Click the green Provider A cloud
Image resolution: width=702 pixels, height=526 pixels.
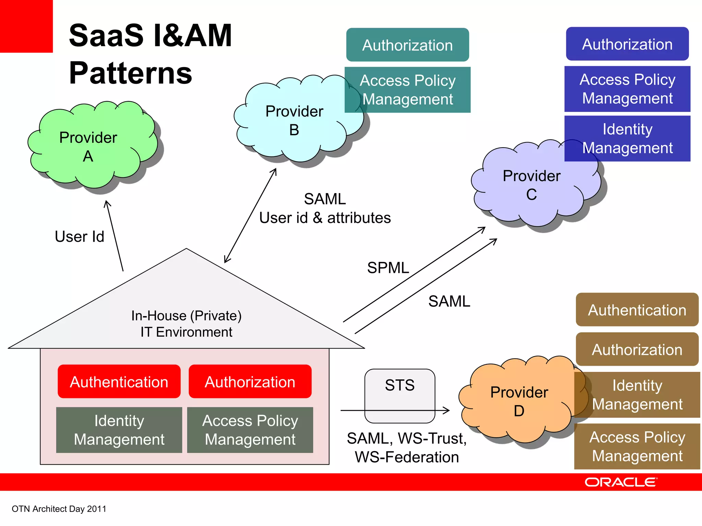pos(91,146)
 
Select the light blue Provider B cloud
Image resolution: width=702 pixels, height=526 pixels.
pos(295,120)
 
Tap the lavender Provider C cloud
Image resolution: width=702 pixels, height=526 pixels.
pos(531,185)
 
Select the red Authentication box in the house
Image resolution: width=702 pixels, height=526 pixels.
pos(119,381)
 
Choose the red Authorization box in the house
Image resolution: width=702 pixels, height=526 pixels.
pos(250,381)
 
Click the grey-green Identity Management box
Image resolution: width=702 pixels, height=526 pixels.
pos(119,430)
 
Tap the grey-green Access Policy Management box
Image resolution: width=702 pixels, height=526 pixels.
pos(250,430)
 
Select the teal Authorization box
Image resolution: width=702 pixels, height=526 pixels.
pos(407,45)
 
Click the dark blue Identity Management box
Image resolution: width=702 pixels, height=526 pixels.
pos(627,139)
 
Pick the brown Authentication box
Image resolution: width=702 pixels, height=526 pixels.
pos(637,310)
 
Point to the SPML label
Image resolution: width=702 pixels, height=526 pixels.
pos(388,268)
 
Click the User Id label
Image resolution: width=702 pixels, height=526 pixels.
pos(80,237)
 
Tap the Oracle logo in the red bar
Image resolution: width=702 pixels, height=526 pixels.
pos(621,482)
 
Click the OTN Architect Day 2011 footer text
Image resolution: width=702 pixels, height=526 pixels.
pos(59,509)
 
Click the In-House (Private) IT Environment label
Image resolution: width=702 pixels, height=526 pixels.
pos(186,324)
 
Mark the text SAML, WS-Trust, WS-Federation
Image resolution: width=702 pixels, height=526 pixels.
pos(407,448)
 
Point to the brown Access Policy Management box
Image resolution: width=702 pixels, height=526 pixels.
pos(637,447)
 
